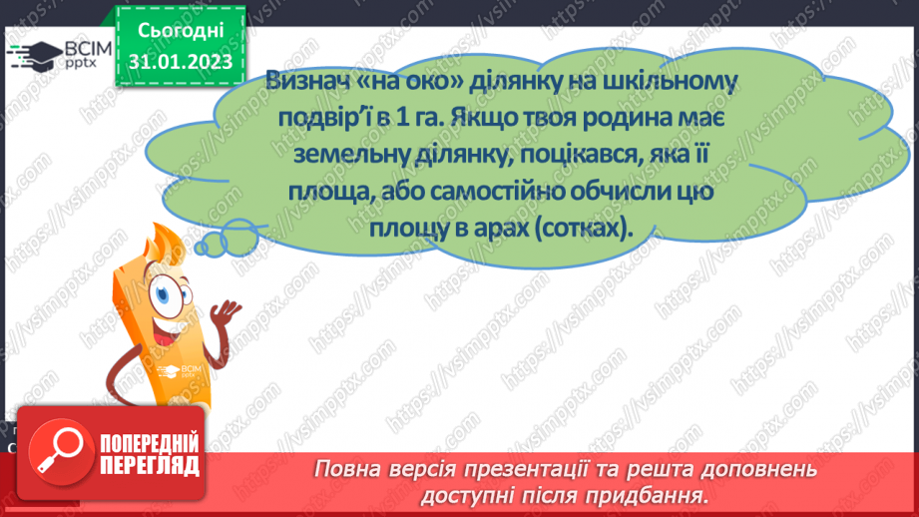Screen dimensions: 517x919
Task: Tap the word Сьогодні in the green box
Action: pyautogui.click(x=180, y=29)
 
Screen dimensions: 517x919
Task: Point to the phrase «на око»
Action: pyautogui.click(x=405, y=84)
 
